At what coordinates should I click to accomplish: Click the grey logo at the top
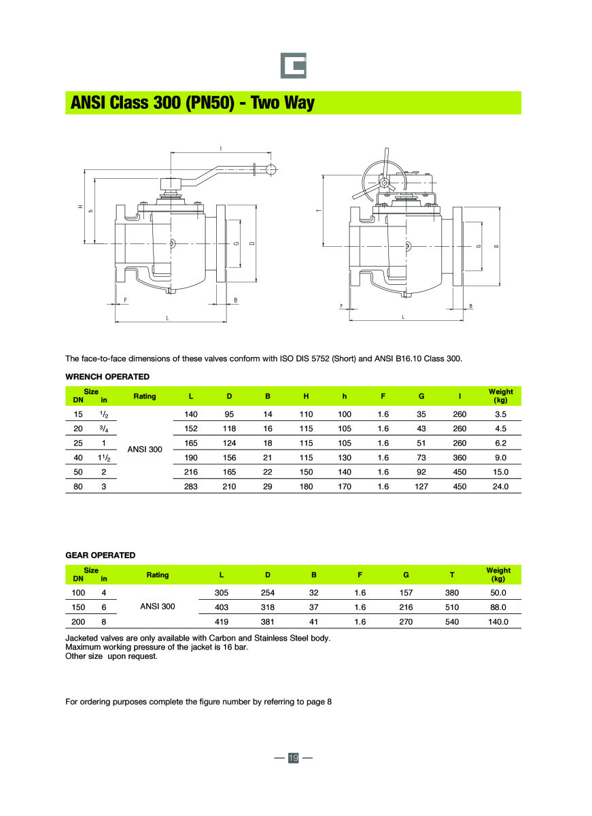[294, 65]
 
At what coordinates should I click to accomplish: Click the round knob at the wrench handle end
[271, 169]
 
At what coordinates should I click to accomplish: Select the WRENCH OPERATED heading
[107, 376]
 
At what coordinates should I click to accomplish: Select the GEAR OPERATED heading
[100, 555]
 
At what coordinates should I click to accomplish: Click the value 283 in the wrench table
[191, 486]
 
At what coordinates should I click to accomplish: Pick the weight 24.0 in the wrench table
[500, 486]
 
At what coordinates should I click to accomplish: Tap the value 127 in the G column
[421, 486]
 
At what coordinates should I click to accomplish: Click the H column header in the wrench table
[307, 396]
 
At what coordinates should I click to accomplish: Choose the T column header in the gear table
[452, 575]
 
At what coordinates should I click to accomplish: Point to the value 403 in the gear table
[222, 607]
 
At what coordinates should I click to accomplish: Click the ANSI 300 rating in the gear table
[158, 607]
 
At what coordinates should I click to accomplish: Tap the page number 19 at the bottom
[294, 758]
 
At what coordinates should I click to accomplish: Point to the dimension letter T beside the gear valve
[318, 211]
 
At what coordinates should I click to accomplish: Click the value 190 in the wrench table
[191, 458]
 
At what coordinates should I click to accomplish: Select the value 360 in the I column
[460, 458]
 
